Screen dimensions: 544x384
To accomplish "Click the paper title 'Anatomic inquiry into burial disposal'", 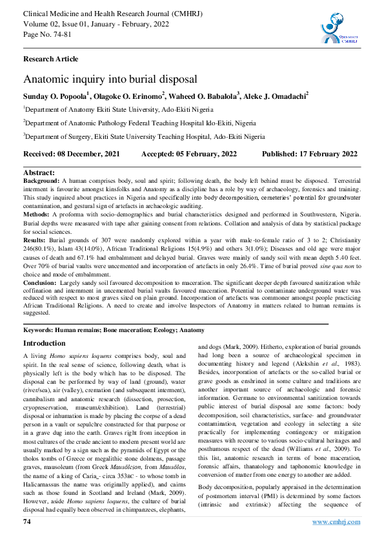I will click(110, 79).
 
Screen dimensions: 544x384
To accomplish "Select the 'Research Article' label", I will click(51, 59).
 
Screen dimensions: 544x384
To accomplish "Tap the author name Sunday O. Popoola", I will click(56, 96).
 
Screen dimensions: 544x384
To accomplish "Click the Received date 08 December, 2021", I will click(72, 154).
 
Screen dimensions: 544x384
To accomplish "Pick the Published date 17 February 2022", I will click(310, 154).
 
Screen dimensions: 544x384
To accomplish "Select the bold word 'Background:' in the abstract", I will click(41, 182).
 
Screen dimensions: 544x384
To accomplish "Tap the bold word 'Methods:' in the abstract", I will click(37, 213).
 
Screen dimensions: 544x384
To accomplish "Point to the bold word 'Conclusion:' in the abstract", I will click(41, 282).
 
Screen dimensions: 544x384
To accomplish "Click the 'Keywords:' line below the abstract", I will click(114, 330).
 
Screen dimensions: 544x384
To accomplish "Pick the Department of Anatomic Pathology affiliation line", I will click(139, 123).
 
